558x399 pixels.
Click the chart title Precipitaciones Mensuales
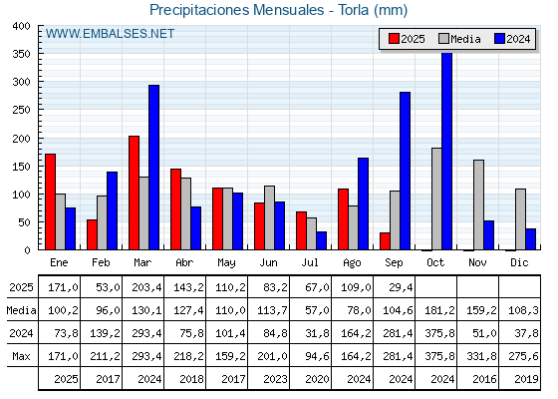click(x=237, y=10)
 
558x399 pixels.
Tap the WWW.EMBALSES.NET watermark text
click(x=110, y=34)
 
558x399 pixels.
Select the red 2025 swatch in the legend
click(x=394, y=39)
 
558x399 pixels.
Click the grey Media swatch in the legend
click(x=443, y=39)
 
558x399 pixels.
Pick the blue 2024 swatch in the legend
click(x=499, y=39)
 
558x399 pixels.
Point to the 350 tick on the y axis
click(x=21, y=54)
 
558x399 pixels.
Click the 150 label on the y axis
click(x=21, y=167)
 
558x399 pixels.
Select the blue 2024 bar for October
click(x=447, y=151)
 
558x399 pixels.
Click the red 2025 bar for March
click(x=134, y=193)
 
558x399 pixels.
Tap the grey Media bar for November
click(x=478, y=204)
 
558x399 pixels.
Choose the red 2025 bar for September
click(x=385, y=241)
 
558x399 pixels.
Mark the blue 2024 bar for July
click(x=321, y=240)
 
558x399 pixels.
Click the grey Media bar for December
click(x=520, y=219)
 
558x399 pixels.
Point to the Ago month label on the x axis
click(x=352, y=263)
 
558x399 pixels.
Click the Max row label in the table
click(x=21, y=356)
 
